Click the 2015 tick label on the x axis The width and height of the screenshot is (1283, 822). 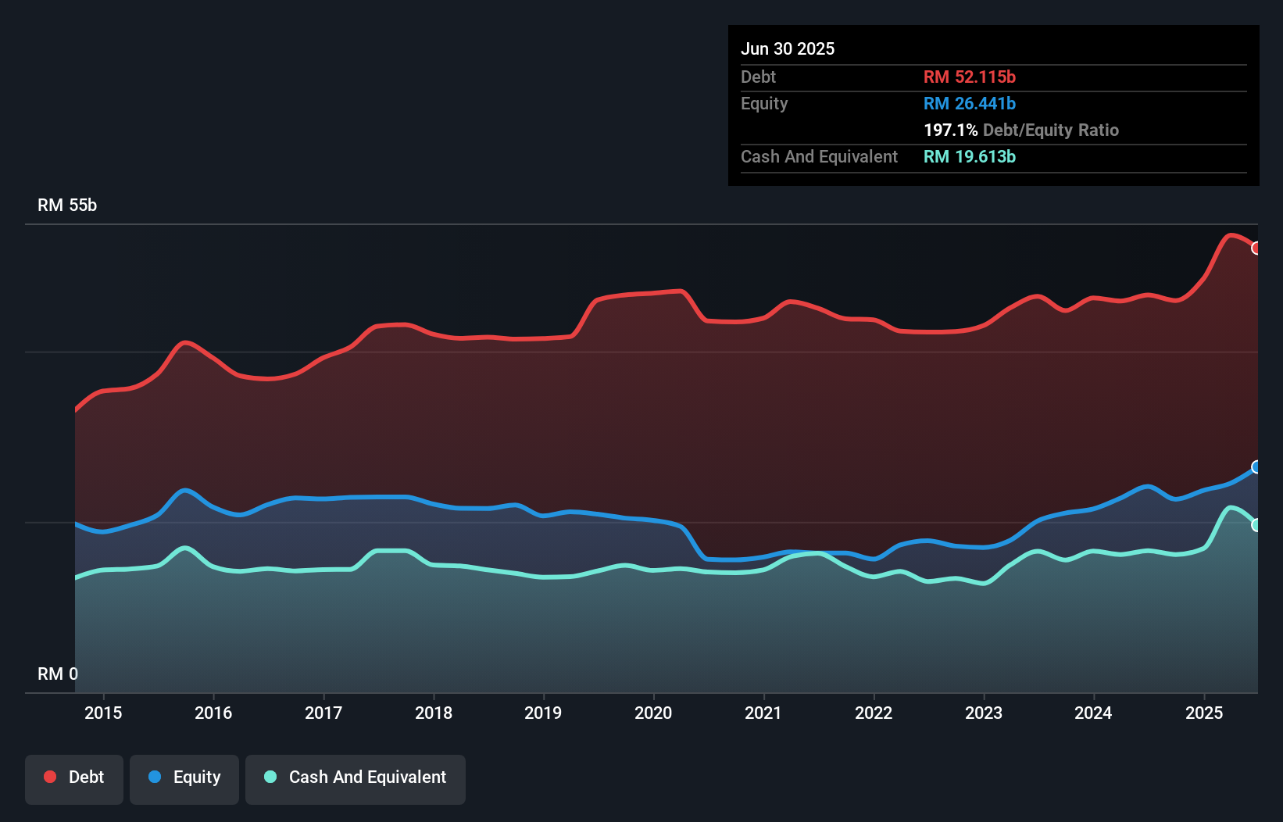pos(103,713)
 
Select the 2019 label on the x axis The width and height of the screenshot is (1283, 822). pos(543,713)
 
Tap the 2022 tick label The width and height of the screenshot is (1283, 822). pos(874,713)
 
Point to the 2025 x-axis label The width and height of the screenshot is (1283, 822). pos(1204,713)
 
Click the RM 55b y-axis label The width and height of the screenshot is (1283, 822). pos(67,205)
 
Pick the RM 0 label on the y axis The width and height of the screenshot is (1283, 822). pos(58,674)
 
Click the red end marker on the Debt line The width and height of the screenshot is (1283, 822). pos(1256,248)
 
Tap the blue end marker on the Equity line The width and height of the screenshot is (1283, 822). pos(1256,467)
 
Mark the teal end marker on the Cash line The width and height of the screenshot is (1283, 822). pos(1256,525)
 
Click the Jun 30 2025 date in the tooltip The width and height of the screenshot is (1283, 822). pos(788,48)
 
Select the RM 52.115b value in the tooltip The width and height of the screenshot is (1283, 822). pos(970,77)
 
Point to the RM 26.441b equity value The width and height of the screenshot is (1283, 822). pos(970,103)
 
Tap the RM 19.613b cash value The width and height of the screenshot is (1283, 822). pos(970,156)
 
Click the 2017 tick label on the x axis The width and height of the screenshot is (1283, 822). pos(323,713)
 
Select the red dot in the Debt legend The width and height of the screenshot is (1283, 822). pos(50,777)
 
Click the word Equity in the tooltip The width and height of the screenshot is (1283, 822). pos(764,103)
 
